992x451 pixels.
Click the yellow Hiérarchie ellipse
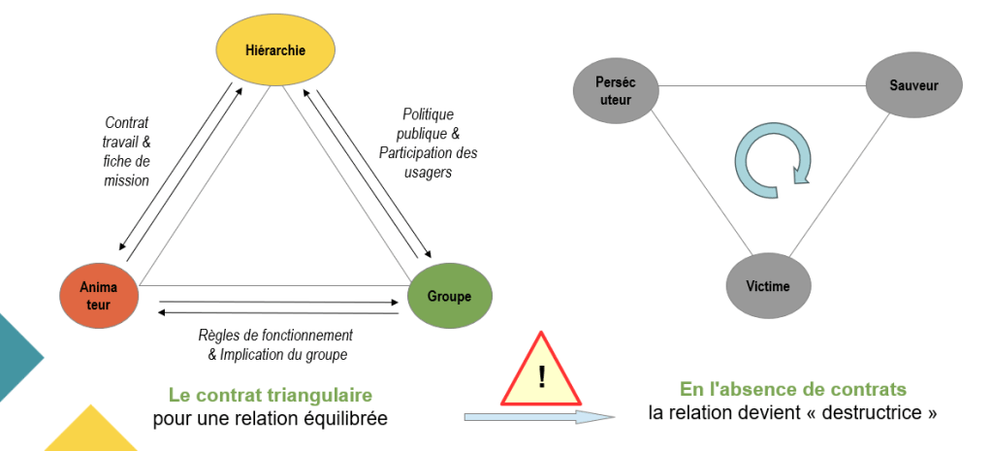(275, 49)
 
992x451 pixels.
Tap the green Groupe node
(450, 295)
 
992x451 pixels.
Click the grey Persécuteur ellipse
(617, 90)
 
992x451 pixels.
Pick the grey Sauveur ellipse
(913, 85)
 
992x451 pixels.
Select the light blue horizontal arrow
(539, 417)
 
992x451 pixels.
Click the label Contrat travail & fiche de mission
(127, 151)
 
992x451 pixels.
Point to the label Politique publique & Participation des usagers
(428, 143)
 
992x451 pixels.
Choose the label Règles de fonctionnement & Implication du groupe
(276, 344)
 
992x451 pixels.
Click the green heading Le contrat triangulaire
(270, 395)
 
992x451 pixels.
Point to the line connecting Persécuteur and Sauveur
(761, 86)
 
